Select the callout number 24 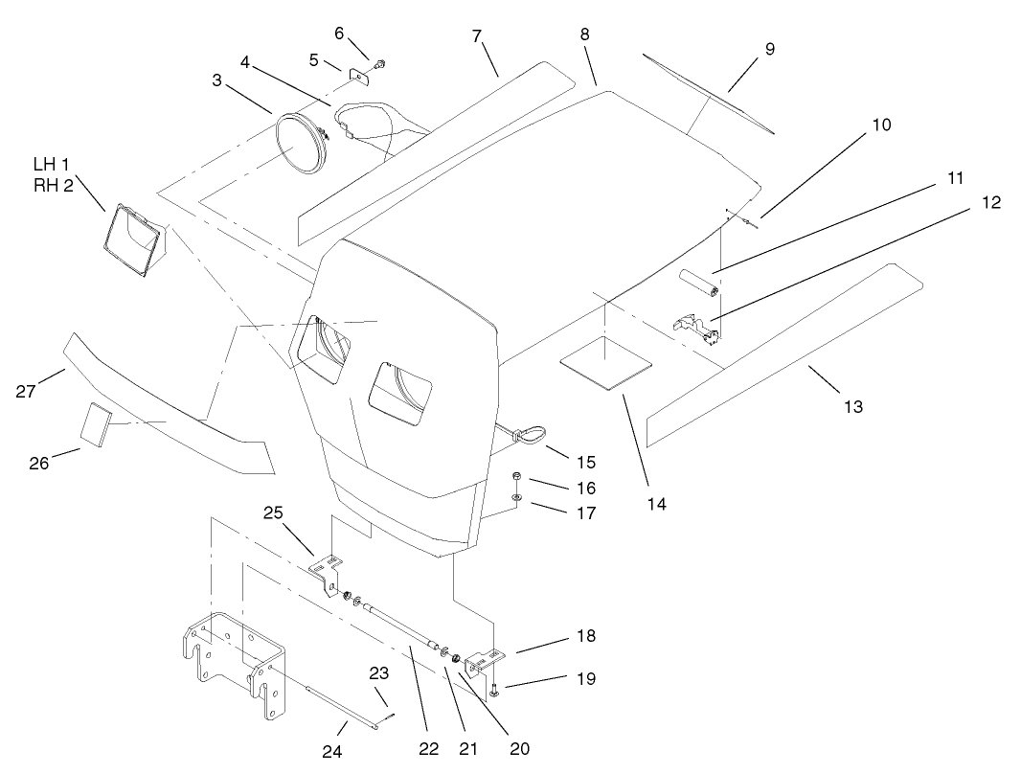331,752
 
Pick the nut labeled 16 516,476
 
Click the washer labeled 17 516,498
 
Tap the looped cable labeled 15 529,436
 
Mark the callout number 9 770,49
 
